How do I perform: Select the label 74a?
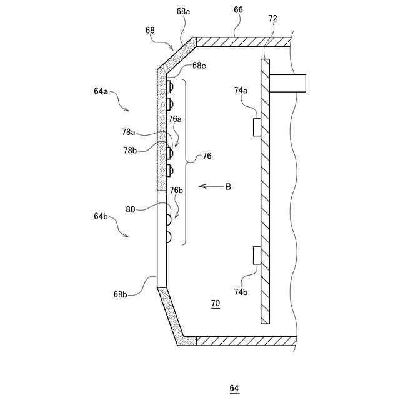(241, 91)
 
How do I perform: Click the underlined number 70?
(215, 304)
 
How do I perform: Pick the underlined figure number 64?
(234, 388)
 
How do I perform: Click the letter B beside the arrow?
(228, 186)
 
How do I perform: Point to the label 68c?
(199, 66)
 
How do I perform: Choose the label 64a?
(101, 91)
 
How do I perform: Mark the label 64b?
(101, 216)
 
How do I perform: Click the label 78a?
(129, 132)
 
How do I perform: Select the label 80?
(130, 210)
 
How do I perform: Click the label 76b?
(177, 190)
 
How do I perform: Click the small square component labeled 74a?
(256, 127)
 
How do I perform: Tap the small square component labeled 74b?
(256, 255)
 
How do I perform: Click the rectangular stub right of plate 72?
(288, 82)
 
